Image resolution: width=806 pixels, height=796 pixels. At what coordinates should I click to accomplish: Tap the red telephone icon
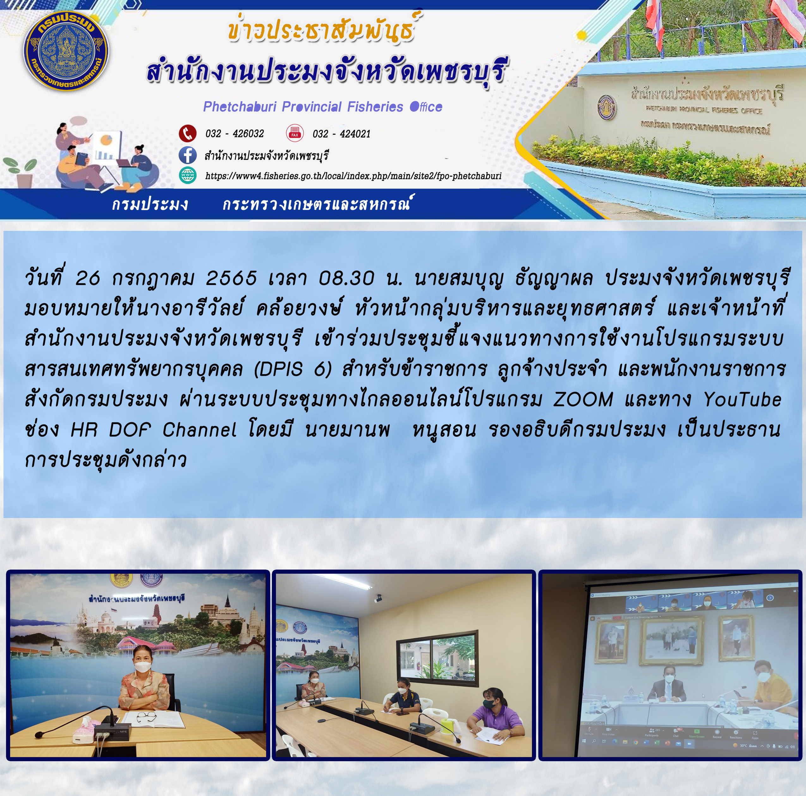point(188,133)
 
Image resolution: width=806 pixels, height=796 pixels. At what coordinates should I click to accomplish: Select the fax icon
point(295,133)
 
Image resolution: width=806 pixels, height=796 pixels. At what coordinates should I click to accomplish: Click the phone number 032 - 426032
point(235,133)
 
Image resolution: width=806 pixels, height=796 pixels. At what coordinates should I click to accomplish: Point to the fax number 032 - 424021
point(341,133)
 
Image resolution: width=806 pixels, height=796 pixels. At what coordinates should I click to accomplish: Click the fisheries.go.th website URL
point(353,176)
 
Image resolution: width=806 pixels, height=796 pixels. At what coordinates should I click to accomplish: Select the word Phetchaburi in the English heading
point(240,107)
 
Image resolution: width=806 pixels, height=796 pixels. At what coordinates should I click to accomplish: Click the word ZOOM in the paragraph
point(583,399)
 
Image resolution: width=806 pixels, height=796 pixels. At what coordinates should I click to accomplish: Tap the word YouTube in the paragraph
point(742,399)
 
